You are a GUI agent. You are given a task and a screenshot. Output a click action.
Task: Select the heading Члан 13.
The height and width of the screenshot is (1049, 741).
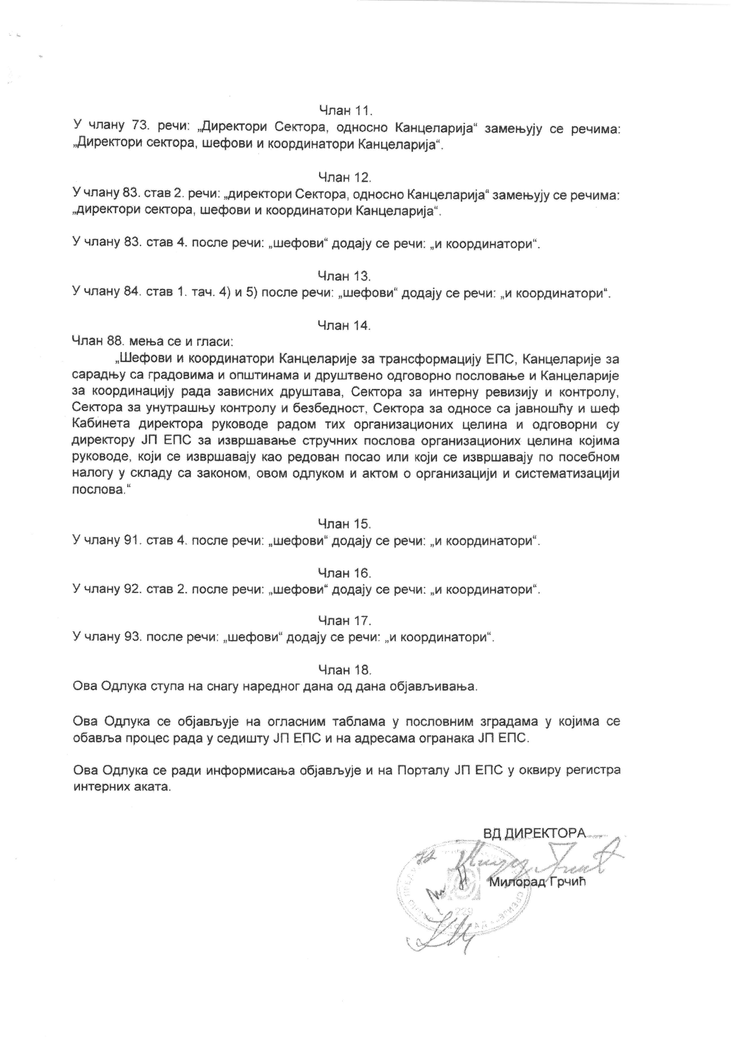(x=345, y=276)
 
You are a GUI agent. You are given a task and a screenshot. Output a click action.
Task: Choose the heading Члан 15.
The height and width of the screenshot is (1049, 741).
(x=345, y=524)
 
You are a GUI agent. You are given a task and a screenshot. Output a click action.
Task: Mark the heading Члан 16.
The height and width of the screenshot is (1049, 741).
(x=345, y=573)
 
